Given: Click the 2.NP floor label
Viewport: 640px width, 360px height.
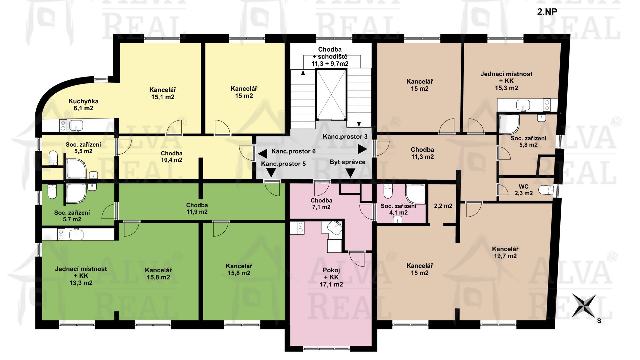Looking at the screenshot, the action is [547, 12].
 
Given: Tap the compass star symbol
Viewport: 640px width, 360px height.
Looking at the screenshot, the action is [584, 305].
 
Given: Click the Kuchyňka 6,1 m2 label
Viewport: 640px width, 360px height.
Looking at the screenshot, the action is [83, 105].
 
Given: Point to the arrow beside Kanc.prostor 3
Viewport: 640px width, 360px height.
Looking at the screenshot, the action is [362, 149].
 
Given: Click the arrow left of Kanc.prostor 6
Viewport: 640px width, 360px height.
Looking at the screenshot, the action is [263, 154].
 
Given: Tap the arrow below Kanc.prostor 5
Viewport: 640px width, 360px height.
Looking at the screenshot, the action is [271, 172].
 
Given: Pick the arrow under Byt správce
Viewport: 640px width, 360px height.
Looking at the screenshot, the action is [350, 173].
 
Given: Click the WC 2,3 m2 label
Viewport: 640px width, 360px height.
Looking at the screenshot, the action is [523, 190].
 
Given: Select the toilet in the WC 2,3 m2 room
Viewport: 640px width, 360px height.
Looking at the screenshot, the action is [546, 190].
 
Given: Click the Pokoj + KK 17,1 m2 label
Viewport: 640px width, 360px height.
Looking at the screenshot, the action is [331, 277].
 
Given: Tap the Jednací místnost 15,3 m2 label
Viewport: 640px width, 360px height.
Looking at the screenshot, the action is [506, 81].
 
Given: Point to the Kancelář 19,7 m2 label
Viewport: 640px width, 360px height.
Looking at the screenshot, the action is [505, 252].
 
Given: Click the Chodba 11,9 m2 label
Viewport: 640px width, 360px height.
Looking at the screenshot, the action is [197, 208].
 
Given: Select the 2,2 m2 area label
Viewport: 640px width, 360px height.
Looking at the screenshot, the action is [443, 206].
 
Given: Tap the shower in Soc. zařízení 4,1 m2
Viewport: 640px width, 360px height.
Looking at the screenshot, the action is [415, 194].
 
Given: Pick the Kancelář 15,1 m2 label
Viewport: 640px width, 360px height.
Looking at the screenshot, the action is [163, 93].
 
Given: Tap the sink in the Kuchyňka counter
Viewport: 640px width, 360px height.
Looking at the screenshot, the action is [76, 126].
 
